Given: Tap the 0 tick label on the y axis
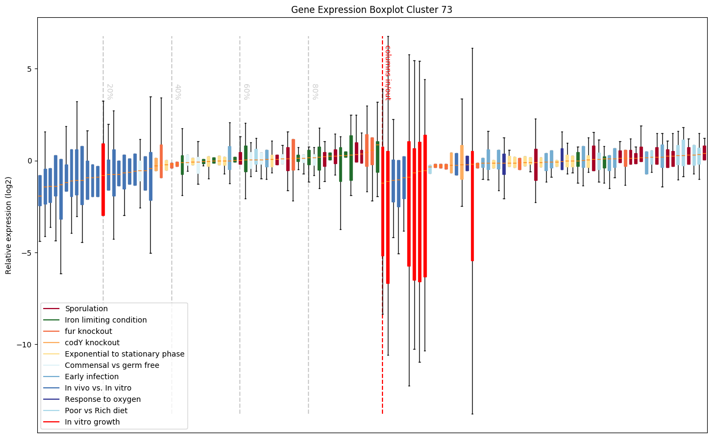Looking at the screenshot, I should [28, 161].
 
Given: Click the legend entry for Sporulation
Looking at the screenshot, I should [86, 309].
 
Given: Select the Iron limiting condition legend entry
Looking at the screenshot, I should [106, 320].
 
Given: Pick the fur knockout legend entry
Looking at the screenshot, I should [89, 331].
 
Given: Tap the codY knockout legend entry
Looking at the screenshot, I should [92, 343].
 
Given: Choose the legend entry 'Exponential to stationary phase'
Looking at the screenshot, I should [125, 354].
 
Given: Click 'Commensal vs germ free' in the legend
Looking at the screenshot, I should [112, 365].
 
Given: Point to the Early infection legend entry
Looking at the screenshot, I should [92, 377].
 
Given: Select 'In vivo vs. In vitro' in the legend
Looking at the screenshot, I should [98, 388].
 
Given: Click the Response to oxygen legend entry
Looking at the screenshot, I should [103, 399].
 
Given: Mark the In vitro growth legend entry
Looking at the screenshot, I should [92, 422].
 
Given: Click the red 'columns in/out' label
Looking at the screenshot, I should [387, 72].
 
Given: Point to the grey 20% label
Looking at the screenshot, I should [109, 92].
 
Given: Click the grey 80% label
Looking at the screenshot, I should [314, 92].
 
